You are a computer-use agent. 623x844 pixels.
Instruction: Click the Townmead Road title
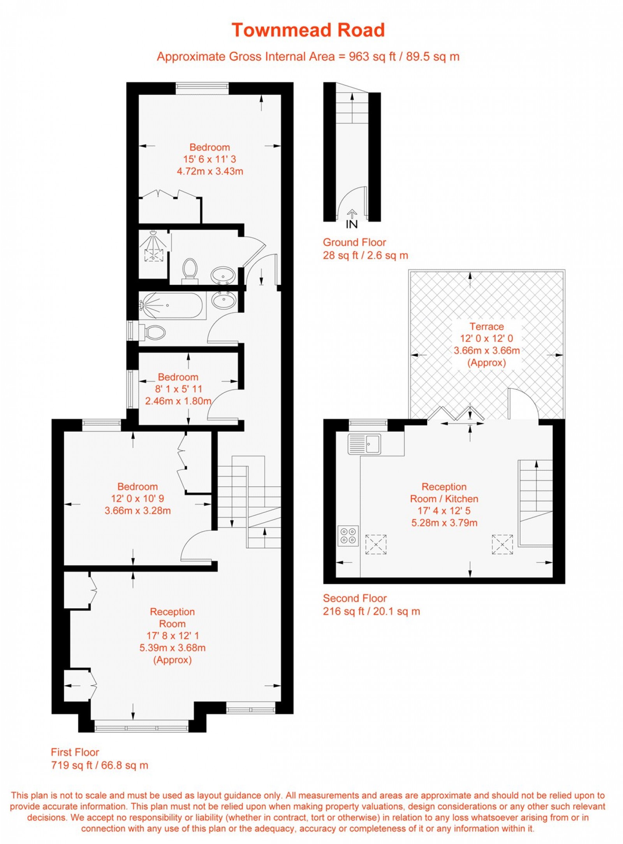click(x=308, y=30)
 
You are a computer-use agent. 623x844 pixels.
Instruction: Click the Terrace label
click(x=486, y=326)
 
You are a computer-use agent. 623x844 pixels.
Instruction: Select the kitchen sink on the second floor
click(x=365, y=444)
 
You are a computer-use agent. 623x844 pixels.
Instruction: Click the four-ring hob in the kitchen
click(x=348, y=536)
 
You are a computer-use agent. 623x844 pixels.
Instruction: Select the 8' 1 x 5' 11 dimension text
click(x=178, y=389)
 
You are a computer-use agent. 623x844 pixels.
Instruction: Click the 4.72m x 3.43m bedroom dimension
click(x=210, y=171)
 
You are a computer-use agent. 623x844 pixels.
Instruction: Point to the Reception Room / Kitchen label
click(x=444, y=493)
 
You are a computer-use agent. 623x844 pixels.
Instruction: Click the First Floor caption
click(x=75, y=752)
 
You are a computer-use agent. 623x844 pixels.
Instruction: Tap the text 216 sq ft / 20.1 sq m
click(x=371, y=611)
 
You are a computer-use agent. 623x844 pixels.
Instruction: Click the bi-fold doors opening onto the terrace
click(x=456, y=414)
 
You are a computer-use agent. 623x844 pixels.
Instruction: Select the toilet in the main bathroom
click(x=153, y=332)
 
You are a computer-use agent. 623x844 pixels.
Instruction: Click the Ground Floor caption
click(x=354, y=242)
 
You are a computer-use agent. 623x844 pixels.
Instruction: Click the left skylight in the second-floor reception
click(x=376, y=544)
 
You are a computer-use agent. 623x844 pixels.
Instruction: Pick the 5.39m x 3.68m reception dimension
click(x=172, y=648)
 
